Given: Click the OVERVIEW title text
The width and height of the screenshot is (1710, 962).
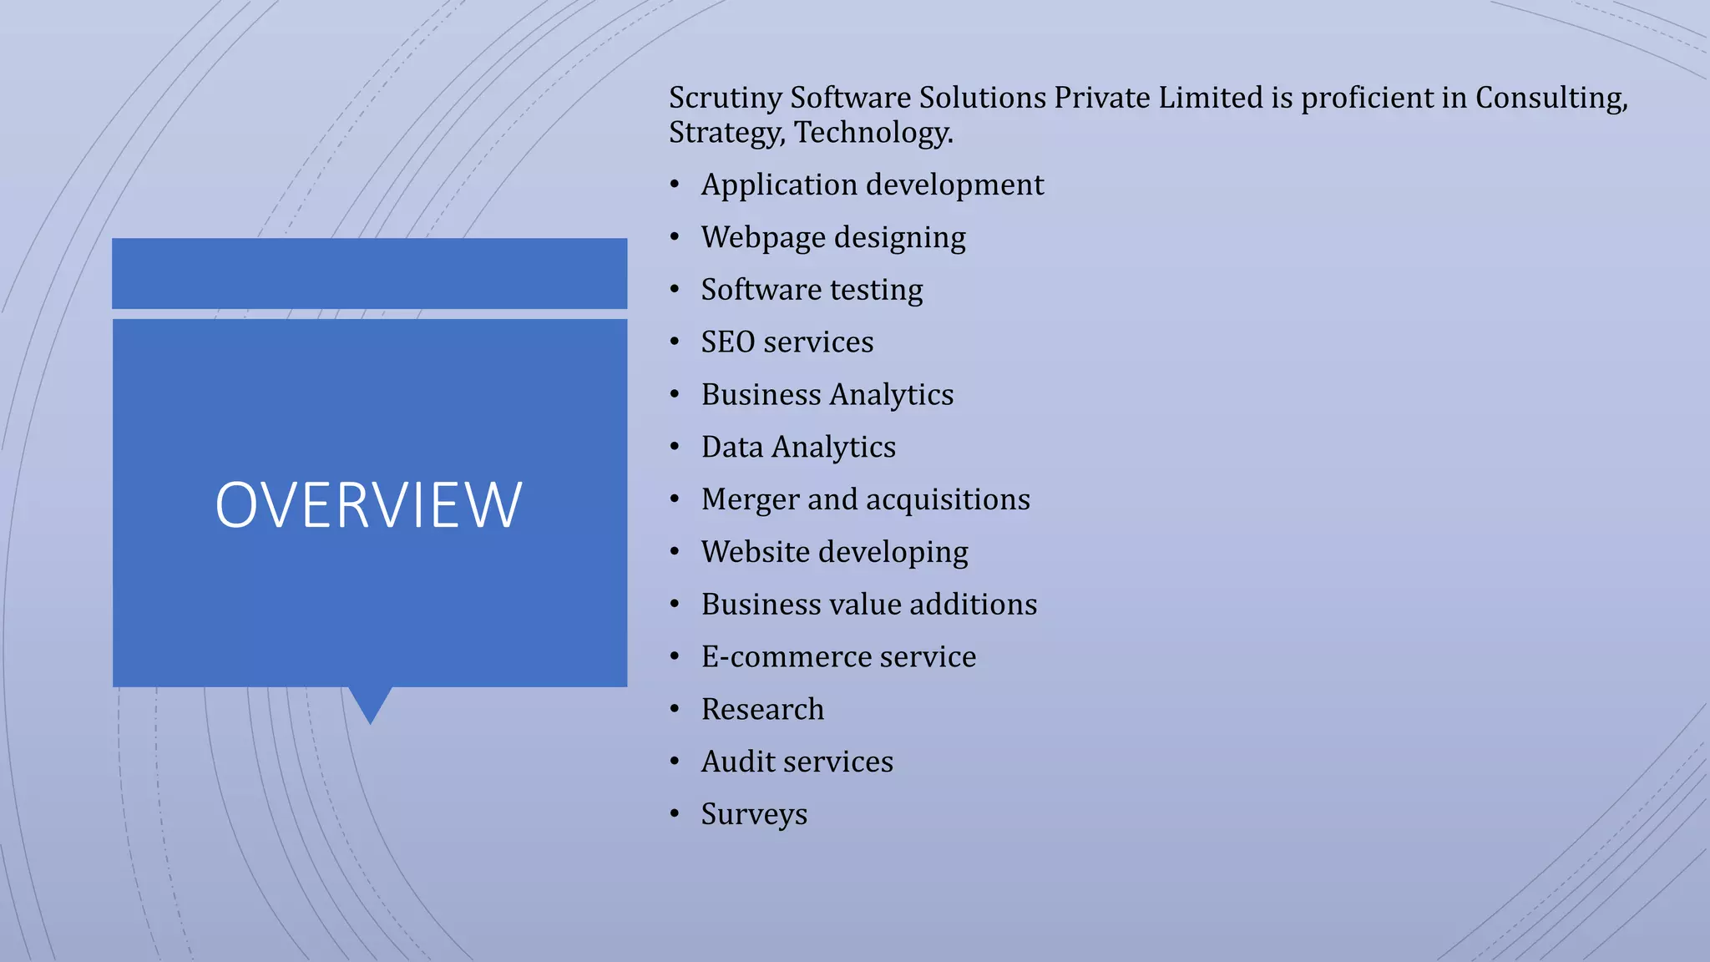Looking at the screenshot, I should [368, 505].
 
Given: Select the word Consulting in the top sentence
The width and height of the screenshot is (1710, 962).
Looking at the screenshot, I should [1551, 99].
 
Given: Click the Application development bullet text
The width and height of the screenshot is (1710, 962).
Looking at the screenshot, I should [872, 185].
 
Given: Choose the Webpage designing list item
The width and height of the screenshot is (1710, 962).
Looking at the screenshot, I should [832, 238].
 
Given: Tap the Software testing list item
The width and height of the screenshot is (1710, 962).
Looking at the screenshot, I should [812, 290].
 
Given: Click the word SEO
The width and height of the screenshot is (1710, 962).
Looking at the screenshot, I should [728, 342].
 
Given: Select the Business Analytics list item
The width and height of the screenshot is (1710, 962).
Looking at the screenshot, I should [827, 395].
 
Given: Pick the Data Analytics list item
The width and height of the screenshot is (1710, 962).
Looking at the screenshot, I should [797, 448].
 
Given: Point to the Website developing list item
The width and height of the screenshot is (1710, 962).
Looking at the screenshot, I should [834, 552].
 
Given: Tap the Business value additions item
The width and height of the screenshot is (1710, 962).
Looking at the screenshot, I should [868, 605].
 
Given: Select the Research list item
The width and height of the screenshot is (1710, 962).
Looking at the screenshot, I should [762, 710].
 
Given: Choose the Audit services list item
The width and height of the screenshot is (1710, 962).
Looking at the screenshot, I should [797, 762].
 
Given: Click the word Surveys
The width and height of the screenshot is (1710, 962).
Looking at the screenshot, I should [754, 814].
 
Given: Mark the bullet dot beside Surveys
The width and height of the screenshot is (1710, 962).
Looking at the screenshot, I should [675, 813].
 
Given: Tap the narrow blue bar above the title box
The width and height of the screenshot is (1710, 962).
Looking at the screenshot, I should [369, 273].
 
